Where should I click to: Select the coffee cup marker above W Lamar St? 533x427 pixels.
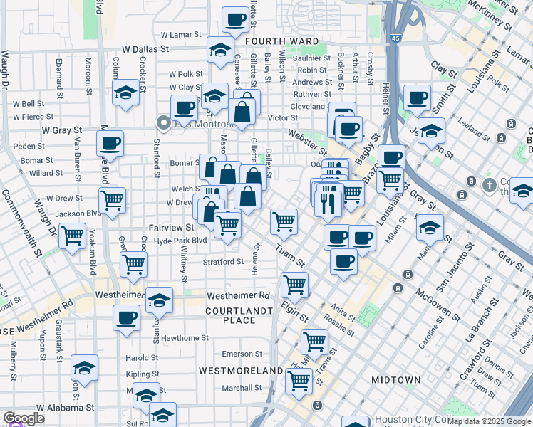[234, 21]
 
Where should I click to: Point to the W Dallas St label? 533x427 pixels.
[145, 50]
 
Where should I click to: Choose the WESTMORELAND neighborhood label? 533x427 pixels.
[241, 371]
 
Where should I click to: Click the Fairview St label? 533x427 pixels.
[171, 228]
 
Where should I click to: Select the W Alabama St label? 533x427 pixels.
[66, 408]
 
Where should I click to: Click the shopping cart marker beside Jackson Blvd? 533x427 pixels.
[113, 201]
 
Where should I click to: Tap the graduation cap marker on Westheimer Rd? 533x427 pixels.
[160, 300]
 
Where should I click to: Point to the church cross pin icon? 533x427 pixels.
[489, 186]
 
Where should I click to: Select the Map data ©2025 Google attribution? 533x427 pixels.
[489, 421]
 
